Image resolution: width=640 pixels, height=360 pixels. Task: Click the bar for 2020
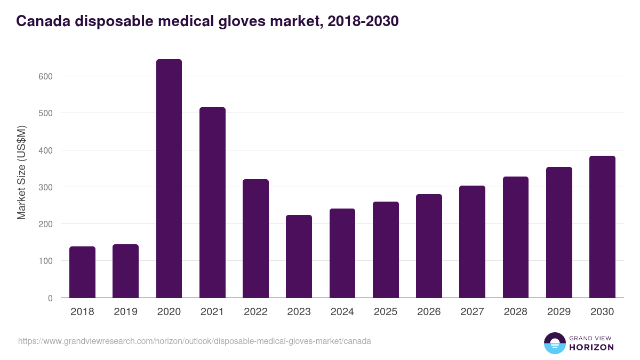[x=169, y=178]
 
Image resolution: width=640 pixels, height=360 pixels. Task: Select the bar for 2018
[x=82, y=272]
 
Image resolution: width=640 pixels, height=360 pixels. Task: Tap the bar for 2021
[x=212, y=202]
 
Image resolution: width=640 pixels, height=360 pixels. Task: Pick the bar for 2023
[x=299, y=256]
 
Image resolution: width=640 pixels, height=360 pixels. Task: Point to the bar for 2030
[x=602, y=227]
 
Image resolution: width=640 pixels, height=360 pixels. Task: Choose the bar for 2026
[x=429, y=246]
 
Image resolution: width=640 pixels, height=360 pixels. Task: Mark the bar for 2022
[x=255, y=238]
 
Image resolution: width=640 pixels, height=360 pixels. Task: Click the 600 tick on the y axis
[x=46, y=76]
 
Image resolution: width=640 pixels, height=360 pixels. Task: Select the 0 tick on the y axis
[x=50, y=298]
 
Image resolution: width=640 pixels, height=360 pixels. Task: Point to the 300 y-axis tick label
[x=46, y=187]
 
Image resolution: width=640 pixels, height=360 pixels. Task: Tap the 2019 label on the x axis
[x=125, y=312]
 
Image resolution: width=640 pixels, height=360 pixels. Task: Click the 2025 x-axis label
[x=386, y=312]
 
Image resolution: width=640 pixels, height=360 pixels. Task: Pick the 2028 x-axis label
[x=515, y=312]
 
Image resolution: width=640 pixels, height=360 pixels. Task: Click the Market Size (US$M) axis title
[x=21, y=172]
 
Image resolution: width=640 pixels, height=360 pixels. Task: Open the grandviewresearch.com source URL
[x=195, y=341]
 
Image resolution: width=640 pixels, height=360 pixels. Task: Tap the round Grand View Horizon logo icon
[x=554, y=343]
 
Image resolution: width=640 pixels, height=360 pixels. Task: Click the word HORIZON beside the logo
[x=590, y=347]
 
